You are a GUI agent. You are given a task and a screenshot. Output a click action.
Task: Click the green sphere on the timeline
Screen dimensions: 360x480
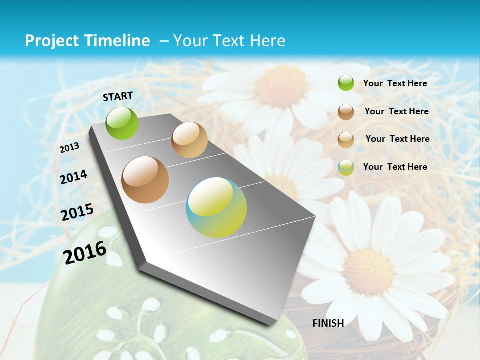click(122, 123)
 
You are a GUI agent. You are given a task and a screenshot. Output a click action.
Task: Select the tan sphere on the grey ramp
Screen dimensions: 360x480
click(189, 140)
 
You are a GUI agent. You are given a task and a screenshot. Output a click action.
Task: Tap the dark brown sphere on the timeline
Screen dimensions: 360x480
click(145, 180)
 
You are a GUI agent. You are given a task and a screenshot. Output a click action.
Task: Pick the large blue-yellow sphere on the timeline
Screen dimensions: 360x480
click(216, 207)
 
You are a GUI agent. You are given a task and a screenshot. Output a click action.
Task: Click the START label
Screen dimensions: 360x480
click(118, 96)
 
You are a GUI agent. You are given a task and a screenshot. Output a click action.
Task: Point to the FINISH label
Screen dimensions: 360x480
click(328, 323)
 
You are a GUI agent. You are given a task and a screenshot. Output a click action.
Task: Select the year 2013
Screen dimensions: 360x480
click(69, 148)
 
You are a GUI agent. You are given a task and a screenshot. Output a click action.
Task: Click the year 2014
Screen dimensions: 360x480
click(73, 177)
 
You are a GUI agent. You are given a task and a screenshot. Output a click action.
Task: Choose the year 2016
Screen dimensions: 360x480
click(85, 252)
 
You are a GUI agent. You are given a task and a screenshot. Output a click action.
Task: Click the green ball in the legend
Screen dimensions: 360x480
click(346, 83)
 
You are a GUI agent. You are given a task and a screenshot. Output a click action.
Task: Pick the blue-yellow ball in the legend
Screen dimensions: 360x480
click(346, 167)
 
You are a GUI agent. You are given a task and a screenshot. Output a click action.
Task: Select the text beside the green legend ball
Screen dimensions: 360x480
click(395, 83)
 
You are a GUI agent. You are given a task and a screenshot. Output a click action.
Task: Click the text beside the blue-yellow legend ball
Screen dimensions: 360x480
click(395, 167)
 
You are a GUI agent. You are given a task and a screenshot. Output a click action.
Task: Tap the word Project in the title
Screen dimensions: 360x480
click(51, 41)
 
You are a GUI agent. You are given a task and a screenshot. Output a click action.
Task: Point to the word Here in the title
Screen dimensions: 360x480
click(267, 41)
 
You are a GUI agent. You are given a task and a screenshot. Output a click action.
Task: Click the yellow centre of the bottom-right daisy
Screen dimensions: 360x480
click(369, 271)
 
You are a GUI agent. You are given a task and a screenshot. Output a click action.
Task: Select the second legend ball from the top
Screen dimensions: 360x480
click(346, 112)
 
